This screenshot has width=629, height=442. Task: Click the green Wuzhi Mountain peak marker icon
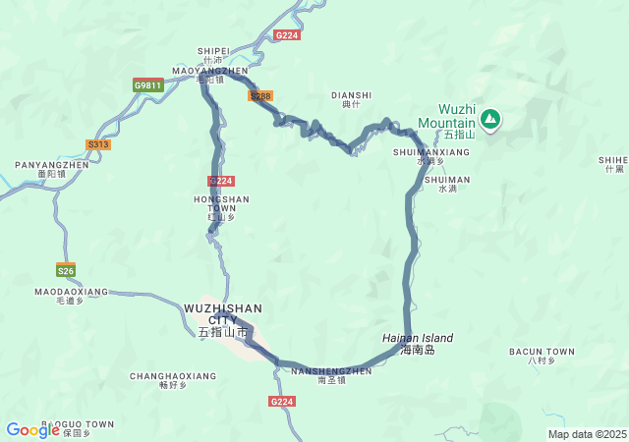pos(489,120)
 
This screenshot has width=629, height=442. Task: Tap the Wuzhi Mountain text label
pos(446,117)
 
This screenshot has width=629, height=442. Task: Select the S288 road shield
pos(260,96)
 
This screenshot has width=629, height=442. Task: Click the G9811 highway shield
pos(148,85)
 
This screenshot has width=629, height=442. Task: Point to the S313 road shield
pos(98,144)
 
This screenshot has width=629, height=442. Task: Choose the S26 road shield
pos(66,270)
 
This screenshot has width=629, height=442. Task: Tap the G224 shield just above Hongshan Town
pos(221,181)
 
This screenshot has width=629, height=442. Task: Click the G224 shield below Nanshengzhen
pos(282,402)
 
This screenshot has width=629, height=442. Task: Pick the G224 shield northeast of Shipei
pos(287,34)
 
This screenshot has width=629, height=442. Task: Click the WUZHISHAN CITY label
pos(223,314)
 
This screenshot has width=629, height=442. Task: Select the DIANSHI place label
pos(351,95)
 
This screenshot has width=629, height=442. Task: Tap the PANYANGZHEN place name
pos(51,165)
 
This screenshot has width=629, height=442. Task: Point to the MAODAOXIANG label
pos(71,292)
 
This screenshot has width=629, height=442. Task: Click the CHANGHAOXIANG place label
pos(173,376)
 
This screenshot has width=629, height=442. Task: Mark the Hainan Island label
pos(418,338)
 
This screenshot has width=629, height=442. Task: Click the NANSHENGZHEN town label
pos(331,371)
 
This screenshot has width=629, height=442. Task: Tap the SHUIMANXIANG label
pos(430,152)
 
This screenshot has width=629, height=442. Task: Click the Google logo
pos(32,430)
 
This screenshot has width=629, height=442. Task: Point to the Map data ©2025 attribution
pos(586,434)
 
